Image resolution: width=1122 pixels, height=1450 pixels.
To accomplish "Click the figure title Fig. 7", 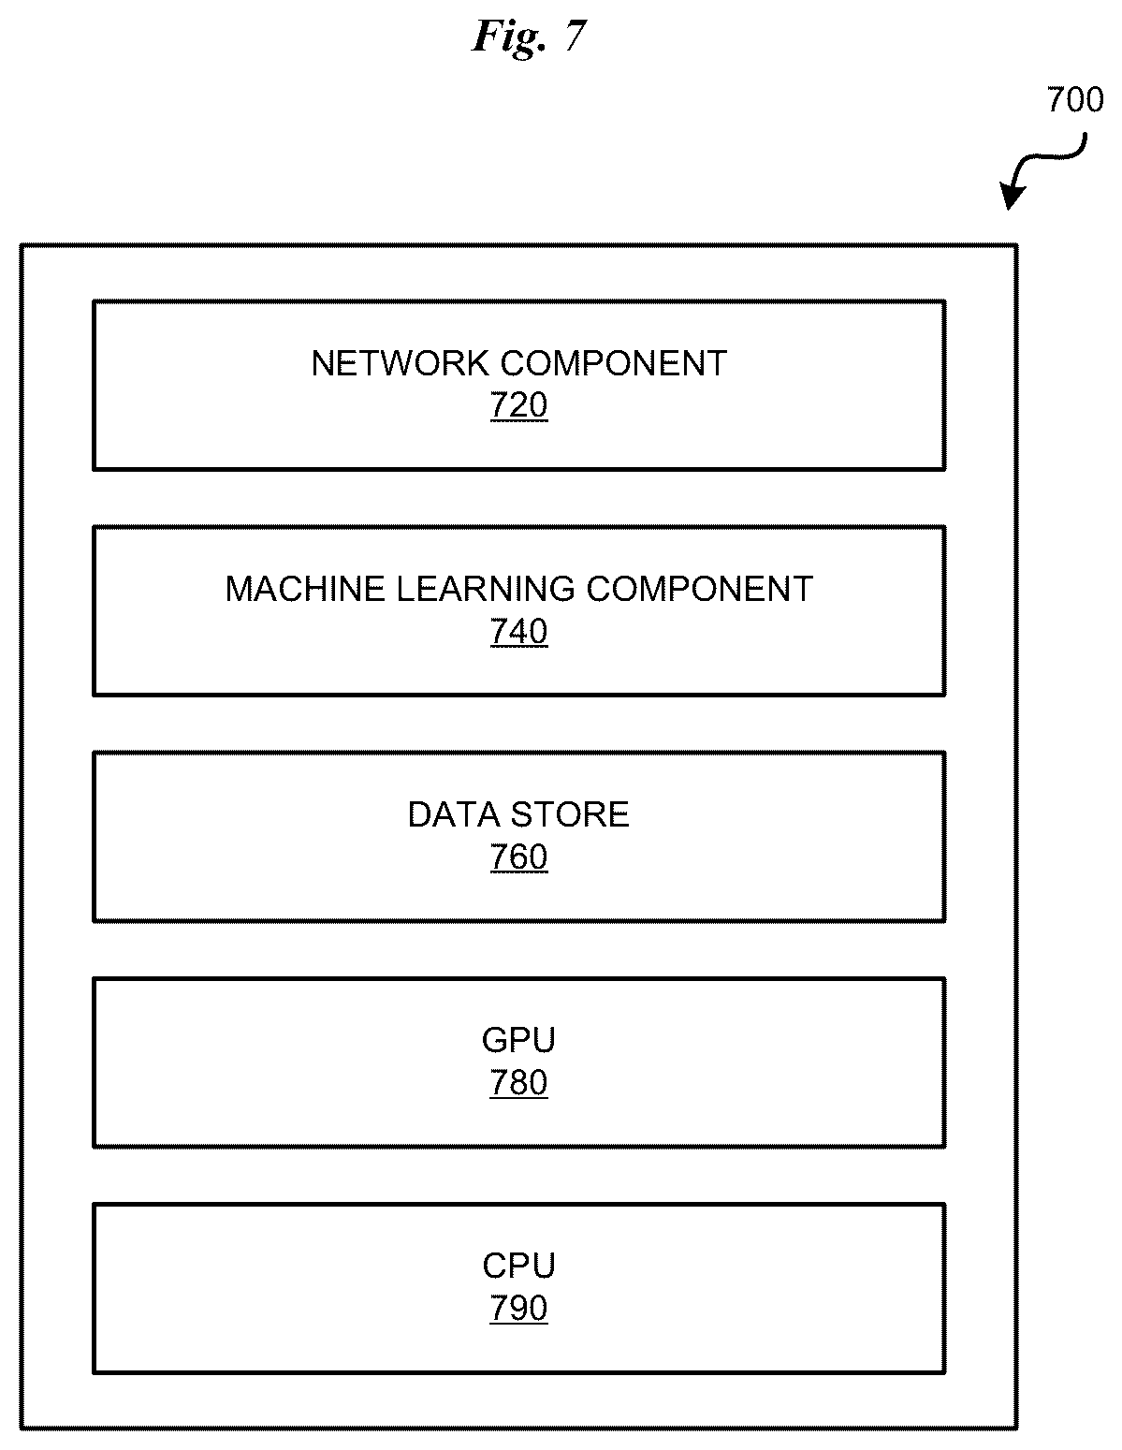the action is coord(530,37).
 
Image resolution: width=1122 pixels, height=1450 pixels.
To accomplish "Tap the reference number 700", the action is coord(1074,100).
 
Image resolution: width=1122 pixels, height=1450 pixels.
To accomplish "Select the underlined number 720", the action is coord(519,405).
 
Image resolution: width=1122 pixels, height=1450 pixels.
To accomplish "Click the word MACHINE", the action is coord(305,589).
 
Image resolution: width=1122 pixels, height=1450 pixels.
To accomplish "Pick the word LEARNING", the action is coord(486,589).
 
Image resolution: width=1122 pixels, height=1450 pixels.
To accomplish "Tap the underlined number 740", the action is coord(519,631).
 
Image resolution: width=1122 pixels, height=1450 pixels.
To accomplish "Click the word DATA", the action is coord(454,814).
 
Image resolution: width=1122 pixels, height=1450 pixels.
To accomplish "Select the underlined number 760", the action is coord(519,857).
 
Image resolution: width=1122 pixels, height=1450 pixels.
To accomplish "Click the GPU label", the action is coord(519,1040).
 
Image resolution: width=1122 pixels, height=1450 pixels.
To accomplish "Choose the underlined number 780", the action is coord(519,1082).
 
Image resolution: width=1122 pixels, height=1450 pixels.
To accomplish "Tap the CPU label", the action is coord(519,1266).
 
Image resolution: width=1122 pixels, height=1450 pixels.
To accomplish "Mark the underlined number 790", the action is coord(519,1308).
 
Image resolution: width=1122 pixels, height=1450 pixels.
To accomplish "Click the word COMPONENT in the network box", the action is coord(614,363).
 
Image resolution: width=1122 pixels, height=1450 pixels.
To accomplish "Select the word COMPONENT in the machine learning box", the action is coord(700,589).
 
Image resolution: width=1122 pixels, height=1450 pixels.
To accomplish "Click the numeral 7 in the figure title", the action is coord(576,36).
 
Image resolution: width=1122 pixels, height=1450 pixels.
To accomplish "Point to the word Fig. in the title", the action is coord(510,38).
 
